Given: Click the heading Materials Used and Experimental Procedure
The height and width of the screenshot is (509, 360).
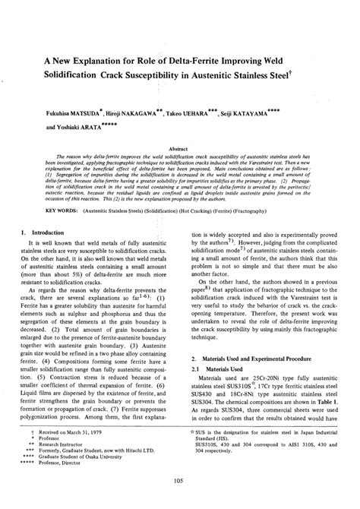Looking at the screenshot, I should click(x=263, y=378).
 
